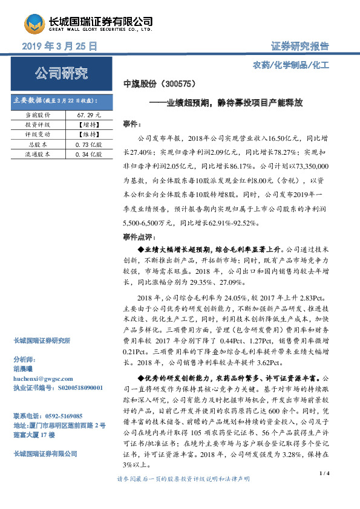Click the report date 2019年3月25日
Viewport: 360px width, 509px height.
59,46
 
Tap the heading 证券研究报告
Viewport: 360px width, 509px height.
300,46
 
